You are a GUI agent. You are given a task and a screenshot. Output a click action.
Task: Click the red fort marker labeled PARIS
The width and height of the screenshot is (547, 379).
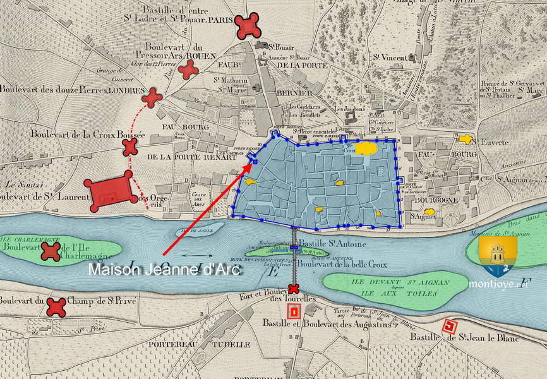pyautogui.click(x=248, y=26)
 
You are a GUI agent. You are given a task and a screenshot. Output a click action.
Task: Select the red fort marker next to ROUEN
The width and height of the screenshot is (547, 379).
pyautogui.click(x=188, y=69)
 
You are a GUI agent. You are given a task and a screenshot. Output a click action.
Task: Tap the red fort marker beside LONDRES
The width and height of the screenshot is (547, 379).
pyautogui.click(x=152, y=97)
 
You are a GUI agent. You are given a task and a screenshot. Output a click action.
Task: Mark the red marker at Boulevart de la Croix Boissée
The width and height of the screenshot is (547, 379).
pyautogui.click(x=129, y=147)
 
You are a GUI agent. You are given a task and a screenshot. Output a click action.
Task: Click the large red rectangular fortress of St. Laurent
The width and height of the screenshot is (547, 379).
pyautogui.click(x=111, y=191)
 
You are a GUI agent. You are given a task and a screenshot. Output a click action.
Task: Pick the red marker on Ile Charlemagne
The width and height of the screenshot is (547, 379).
pyautogui.click(x=51, y=252)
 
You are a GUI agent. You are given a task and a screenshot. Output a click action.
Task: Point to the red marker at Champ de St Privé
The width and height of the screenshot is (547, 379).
pyautogui.click(x=56, y=307)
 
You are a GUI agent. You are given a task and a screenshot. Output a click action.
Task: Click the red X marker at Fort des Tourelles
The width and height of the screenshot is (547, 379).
pyautogui.click(x=293, y=289)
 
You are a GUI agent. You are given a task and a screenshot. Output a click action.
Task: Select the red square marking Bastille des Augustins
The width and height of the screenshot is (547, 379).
pyautogui.click(x=293, y=311)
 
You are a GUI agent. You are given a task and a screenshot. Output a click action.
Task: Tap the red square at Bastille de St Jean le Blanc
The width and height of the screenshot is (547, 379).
pyautogui.click(x=449, y=327)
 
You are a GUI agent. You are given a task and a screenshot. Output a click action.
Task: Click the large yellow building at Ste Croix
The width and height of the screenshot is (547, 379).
pyautogui.click(x=366, y=149)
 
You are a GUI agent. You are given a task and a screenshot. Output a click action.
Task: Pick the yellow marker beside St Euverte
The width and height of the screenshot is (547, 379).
pyautogui.click(x=466, y=139)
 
